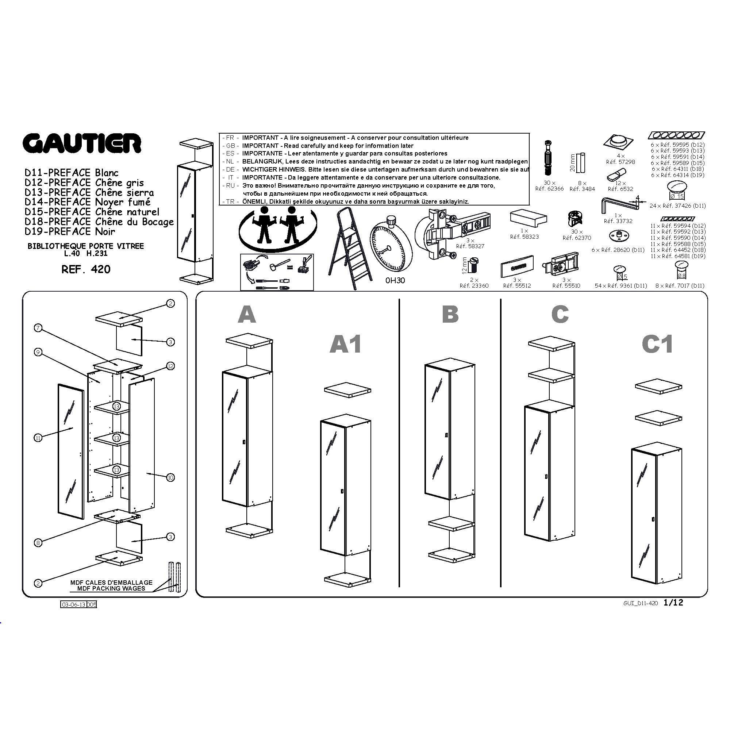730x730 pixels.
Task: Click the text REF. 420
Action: [x=86, y=269]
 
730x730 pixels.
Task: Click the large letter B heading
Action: [x=450, y=314]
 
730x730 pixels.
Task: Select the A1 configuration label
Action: [x=345, y=344]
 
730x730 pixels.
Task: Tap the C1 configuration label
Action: [x=657, y=344]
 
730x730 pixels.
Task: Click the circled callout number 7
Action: [x=38, y=328]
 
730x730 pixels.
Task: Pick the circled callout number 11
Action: [x=38, y=438]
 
